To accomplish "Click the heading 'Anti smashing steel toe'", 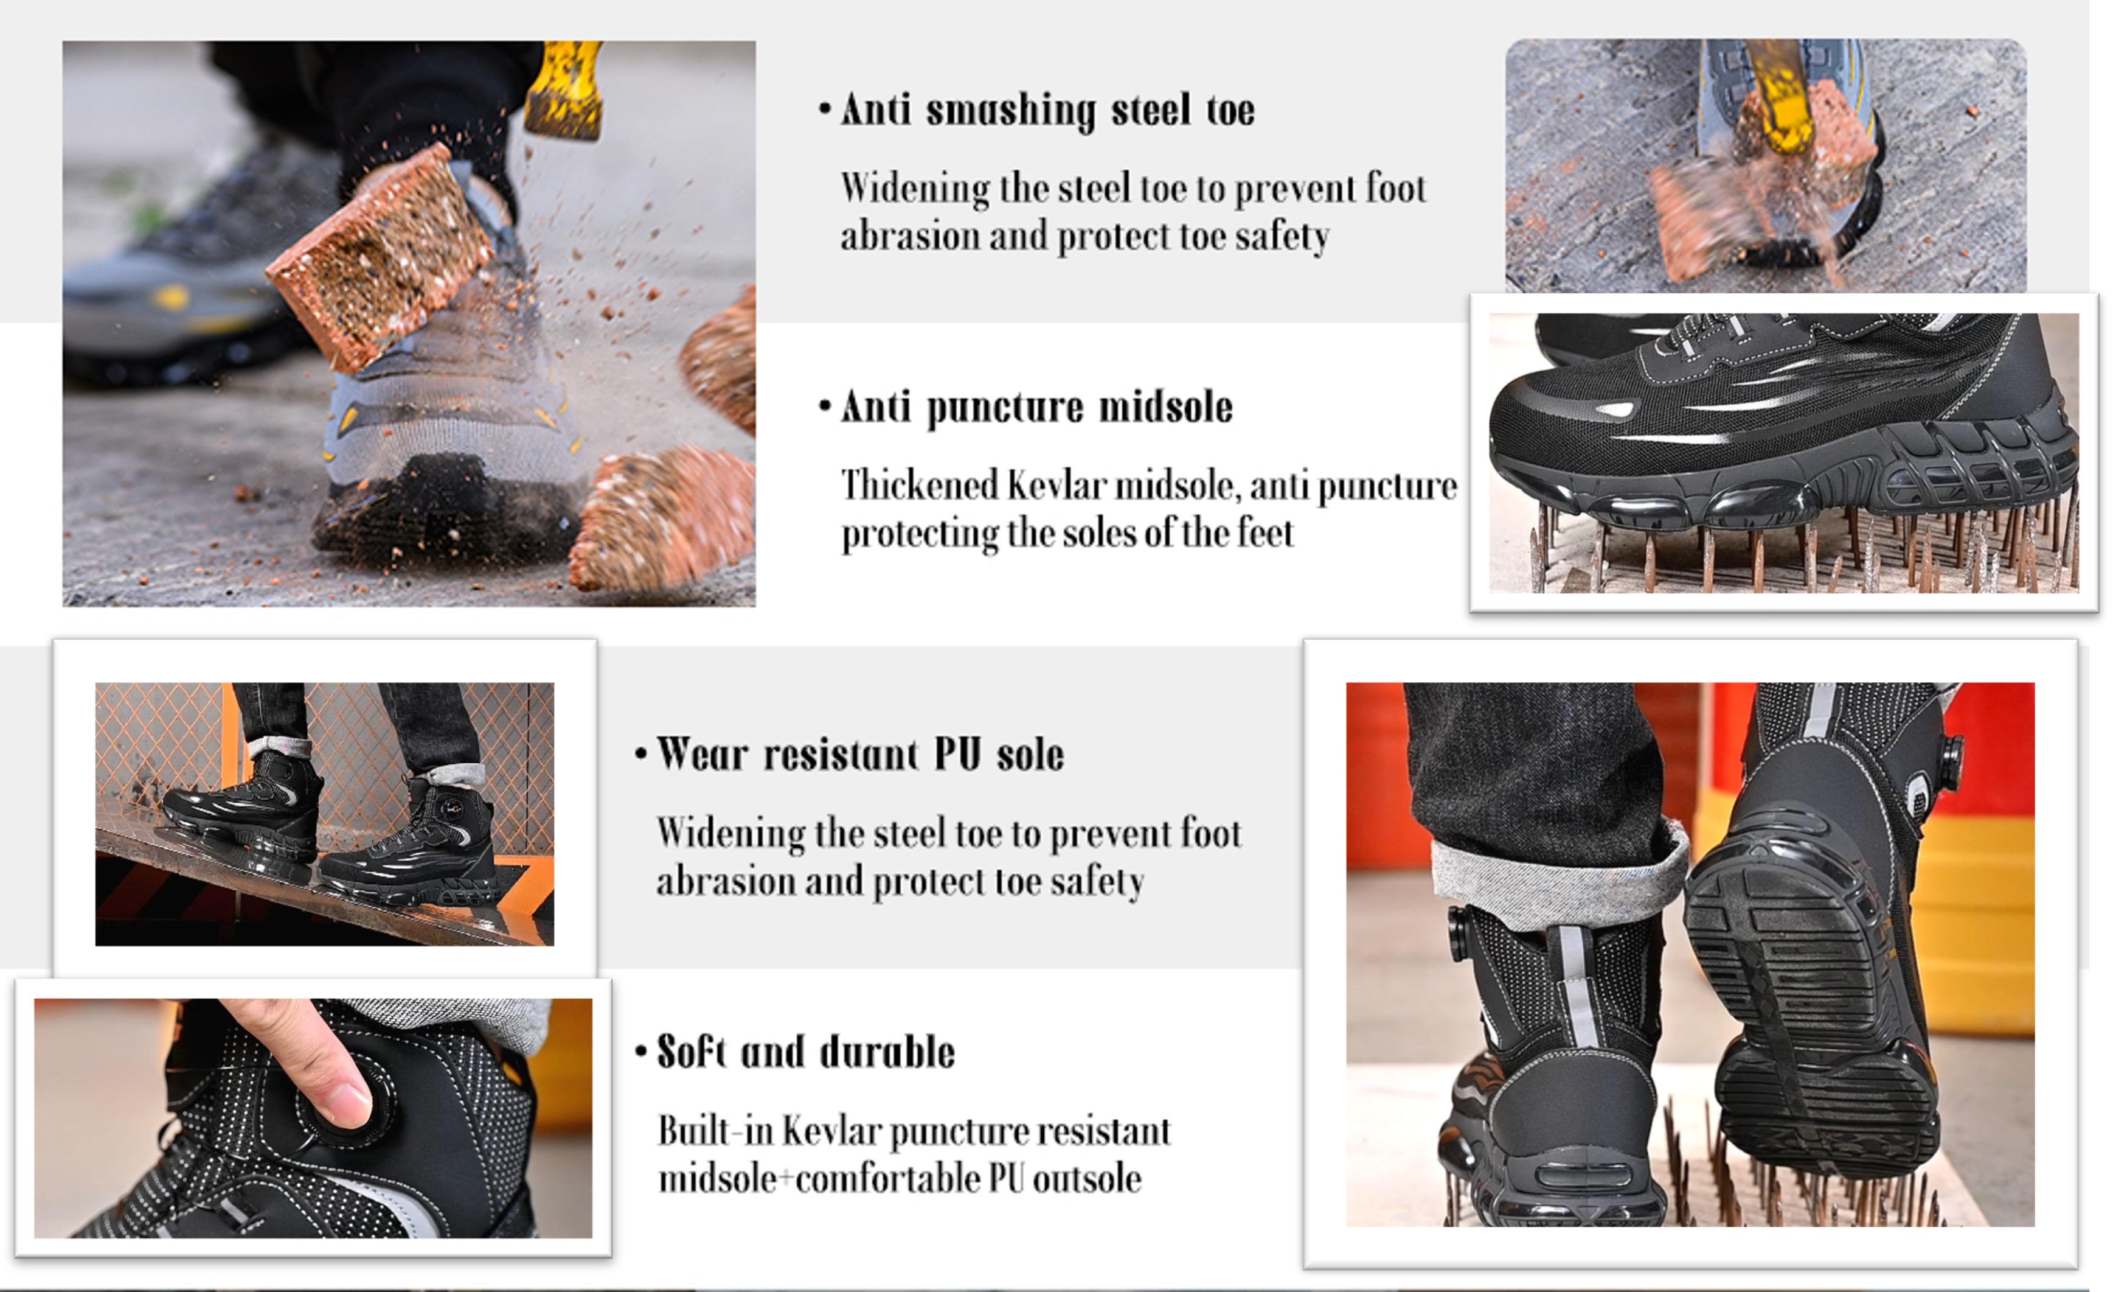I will pos(1047,110).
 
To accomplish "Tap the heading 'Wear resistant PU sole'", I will pos(860,755).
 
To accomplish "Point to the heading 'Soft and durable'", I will pos(805,1052).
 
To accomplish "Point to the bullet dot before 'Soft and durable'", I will pos(640,1052).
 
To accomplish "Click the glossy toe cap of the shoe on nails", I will pos(1544,421).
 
